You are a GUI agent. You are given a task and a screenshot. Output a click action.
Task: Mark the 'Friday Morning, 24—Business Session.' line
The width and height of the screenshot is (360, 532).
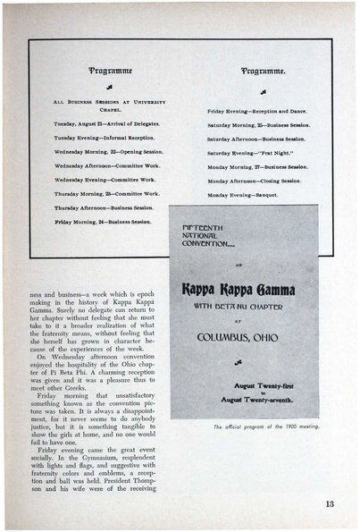pos(105,221)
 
